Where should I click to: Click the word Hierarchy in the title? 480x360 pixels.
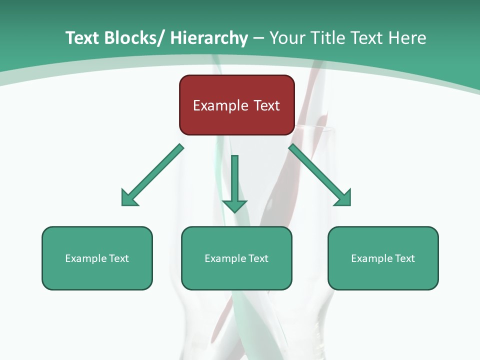[209, 38]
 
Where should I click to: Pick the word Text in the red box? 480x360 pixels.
[266, 105]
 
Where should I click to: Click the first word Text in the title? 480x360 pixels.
[83, 38]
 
